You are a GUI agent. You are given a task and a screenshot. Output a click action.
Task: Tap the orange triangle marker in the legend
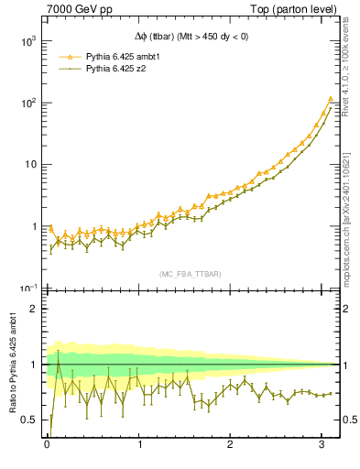(65, 56)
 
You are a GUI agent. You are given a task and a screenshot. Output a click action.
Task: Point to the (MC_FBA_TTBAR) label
(191, 274)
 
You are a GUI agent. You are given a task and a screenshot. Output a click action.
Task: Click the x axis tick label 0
(46, 445)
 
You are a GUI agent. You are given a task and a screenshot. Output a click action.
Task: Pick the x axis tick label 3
(323, 445)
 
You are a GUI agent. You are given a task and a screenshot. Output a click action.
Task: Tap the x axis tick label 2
(231, 445)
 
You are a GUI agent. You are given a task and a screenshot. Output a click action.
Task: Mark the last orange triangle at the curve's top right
(331, 99)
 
